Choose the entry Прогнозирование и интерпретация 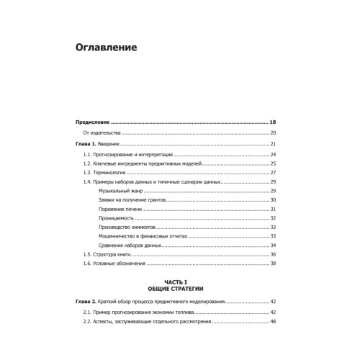(x=129, y=155)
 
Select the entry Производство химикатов (x=127, y=228)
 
